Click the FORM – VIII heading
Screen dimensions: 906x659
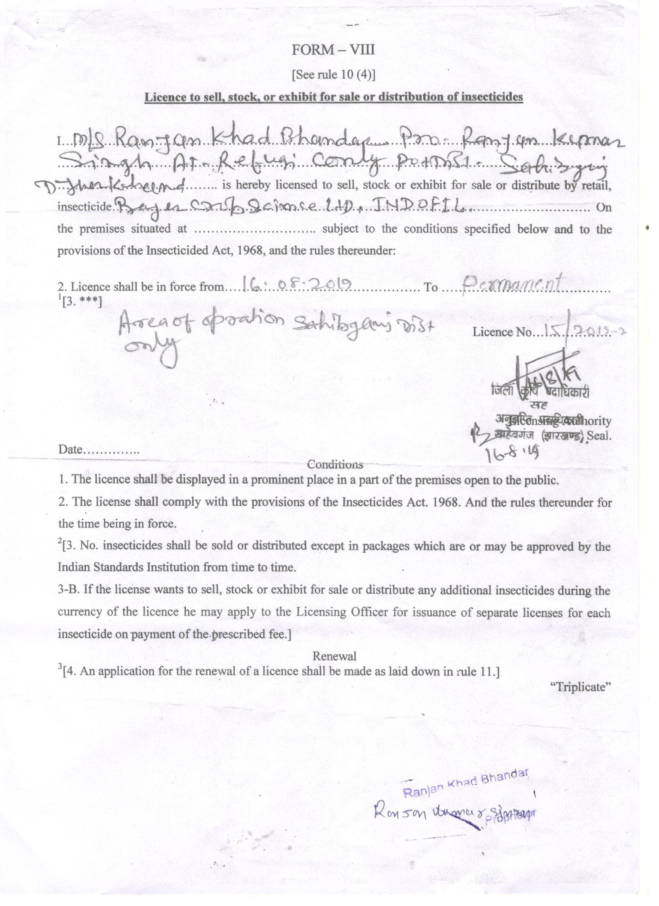point(333,50)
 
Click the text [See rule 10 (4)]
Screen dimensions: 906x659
point(333,75)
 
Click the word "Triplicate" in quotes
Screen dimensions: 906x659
point(581,687)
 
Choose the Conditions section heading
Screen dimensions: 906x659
point(335,464)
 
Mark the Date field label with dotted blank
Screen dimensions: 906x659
point(98,450)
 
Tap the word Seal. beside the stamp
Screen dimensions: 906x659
point(599,436)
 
